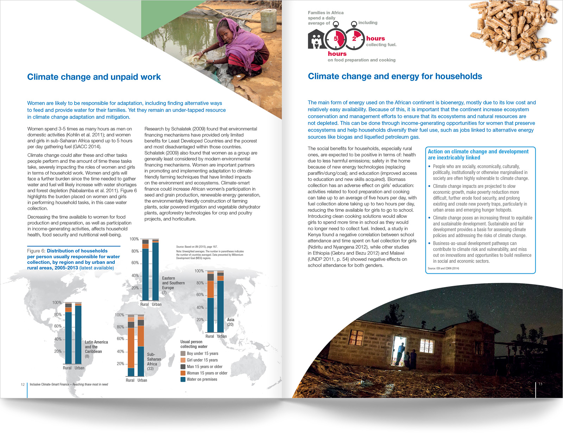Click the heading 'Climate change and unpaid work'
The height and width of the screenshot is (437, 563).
pos(94,77)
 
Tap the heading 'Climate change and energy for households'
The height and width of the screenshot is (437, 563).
pos(395,76)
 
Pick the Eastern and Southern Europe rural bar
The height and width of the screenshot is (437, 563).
pos(145,270)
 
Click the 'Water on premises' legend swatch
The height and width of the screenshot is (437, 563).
pos(183,379)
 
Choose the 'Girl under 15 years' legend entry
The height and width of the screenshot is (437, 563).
pos(202,360)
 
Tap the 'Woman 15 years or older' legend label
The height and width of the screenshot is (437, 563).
pos(207,373)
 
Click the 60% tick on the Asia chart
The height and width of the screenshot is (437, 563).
pos(200,295)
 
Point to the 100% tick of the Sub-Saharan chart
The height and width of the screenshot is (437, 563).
pos(120,315)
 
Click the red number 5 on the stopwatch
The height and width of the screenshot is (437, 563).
pos(336,39)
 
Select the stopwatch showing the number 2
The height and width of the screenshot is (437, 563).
pos(354,39)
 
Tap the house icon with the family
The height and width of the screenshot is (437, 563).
pos(316,39)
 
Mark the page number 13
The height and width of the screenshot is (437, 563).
pos(540,384)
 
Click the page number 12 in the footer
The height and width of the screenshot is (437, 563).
pos(23,384)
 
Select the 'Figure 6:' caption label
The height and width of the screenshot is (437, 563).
pos(36,251)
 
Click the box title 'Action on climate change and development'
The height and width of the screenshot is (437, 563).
pos(478,152)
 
